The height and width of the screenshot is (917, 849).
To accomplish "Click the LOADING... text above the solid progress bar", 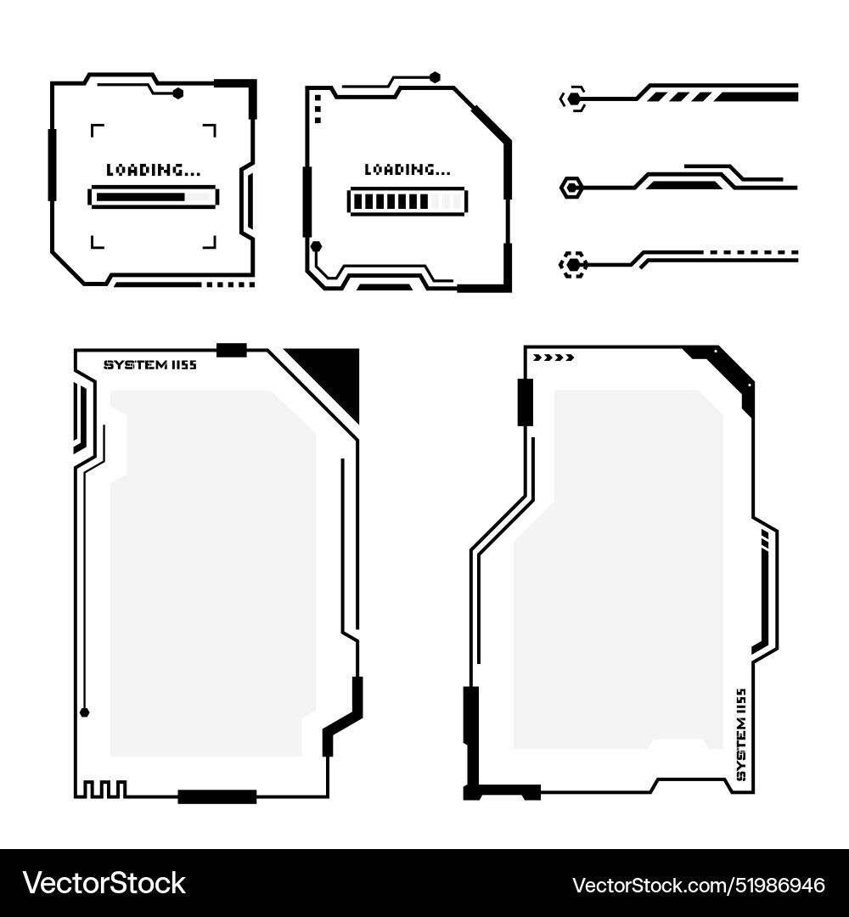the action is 153,170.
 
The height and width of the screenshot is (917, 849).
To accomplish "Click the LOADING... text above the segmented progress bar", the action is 408,170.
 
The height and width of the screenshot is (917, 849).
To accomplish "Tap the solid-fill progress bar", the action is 153,197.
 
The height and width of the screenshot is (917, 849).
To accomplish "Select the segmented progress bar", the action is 408,202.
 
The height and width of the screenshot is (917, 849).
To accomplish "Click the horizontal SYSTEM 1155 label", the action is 150,365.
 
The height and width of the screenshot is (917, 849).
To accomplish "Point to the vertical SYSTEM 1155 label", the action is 741,734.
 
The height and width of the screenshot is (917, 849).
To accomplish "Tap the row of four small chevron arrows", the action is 554,357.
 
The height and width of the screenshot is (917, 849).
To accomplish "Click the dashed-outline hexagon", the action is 572,265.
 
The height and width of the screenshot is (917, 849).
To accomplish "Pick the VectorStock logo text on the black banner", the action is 104,883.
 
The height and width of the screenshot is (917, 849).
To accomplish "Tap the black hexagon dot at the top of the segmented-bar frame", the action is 435,77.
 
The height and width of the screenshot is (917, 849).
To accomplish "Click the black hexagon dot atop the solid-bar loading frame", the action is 177,93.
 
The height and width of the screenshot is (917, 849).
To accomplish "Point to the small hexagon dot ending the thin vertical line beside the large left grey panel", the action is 85,712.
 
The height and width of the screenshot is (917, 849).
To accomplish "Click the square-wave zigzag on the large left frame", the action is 100,789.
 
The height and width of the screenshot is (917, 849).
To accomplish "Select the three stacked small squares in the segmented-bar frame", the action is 318,108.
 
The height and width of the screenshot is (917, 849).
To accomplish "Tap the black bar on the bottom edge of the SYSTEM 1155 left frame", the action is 217,796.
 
